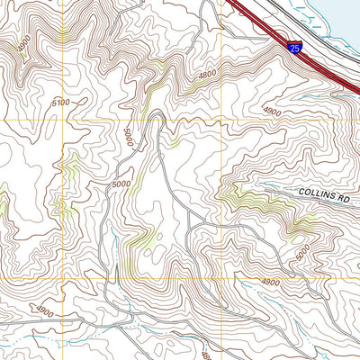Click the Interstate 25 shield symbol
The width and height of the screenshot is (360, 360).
295,48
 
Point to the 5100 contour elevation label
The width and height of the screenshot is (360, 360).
60,103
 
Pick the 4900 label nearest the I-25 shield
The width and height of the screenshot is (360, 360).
271,112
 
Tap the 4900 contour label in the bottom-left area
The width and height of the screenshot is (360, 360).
45,310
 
